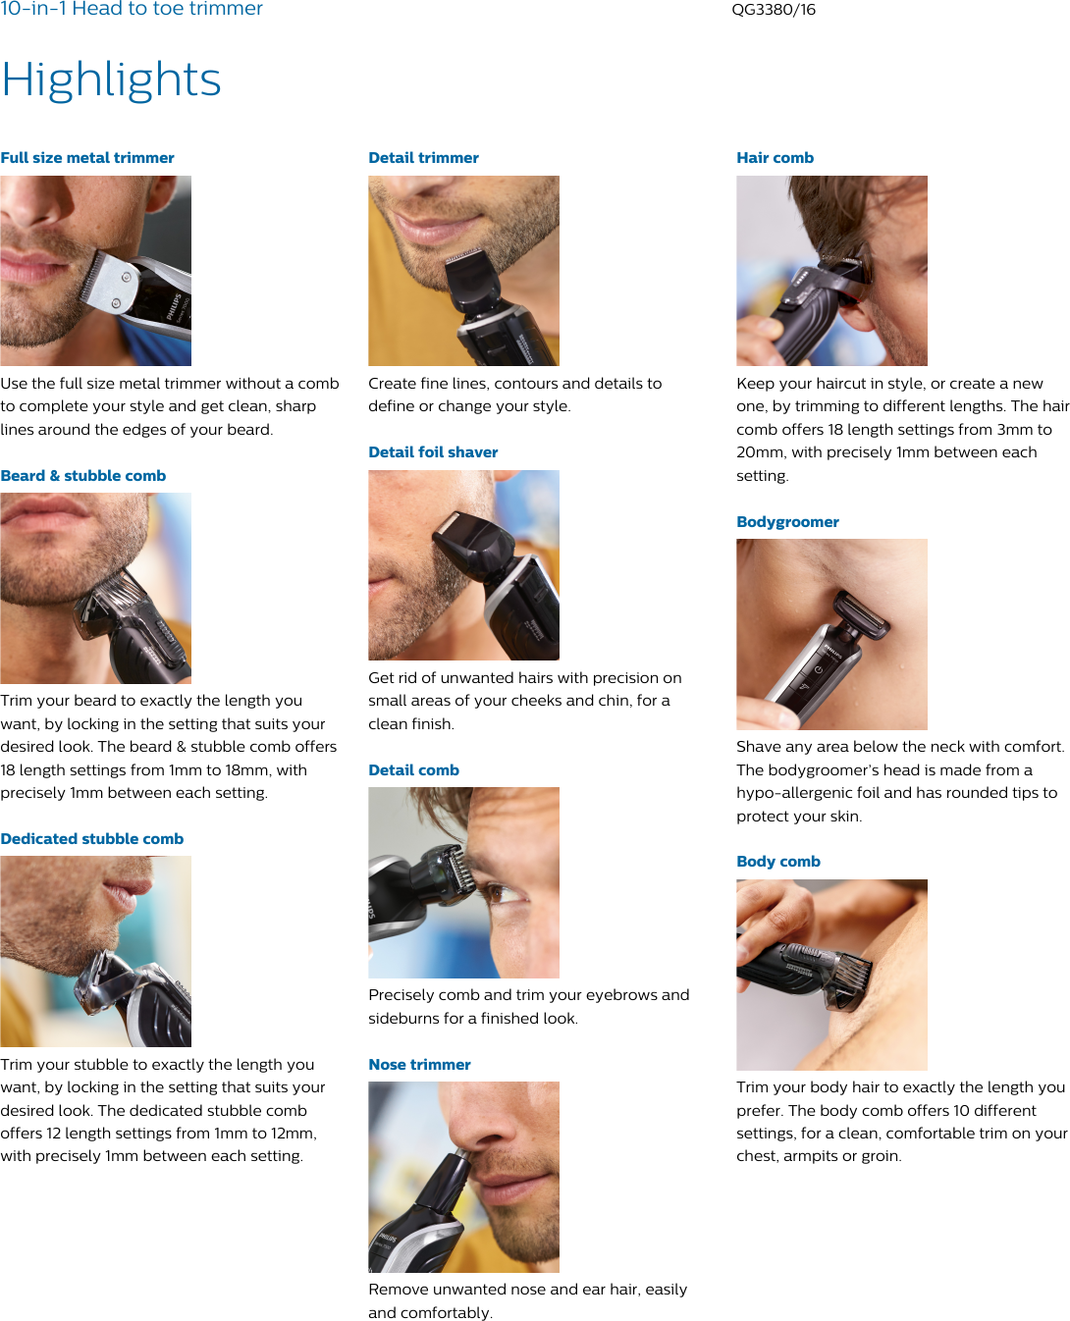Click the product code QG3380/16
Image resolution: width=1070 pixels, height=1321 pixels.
[774, 10]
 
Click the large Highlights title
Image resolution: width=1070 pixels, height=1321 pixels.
[111, 79]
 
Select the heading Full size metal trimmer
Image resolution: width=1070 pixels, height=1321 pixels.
[87, 158]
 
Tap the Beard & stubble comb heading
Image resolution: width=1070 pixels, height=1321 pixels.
[83, 476]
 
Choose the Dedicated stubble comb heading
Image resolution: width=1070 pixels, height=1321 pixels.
[92, 839]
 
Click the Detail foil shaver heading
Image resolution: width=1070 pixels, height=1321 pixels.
[433, 452]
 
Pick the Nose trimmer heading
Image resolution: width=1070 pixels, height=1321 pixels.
[419, 1065]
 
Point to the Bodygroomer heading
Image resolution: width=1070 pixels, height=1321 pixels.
[787, 522]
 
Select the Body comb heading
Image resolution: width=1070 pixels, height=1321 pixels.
[778, 862]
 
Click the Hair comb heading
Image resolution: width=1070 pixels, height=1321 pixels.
[775, 158]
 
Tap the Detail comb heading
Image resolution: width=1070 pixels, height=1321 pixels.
[413, 770]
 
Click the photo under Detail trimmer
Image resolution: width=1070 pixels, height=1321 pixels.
[463, 271]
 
